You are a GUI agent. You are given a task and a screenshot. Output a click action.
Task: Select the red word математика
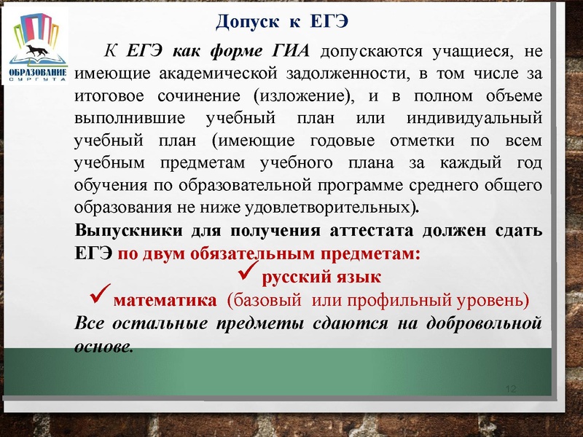point(165,299)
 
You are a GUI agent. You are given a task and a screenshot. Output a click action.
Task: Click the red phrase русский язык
point(321,277)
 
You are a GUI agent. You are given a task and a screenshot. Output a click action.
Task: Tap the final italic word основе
point(104,344)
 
